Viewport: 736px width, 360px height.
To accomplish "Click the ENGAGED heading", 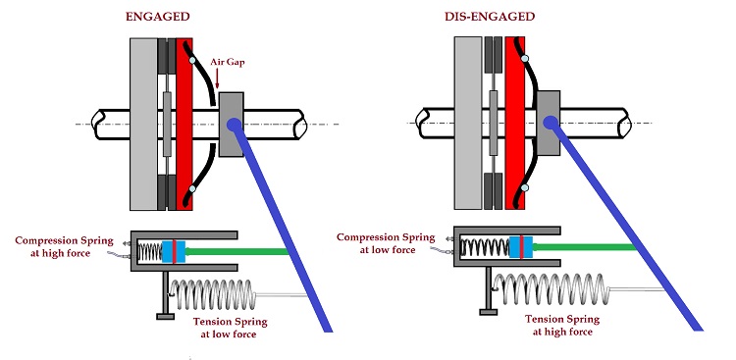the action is [158, 17].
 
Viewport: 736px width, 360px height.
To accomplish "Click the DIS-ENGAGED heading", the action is [490, 17].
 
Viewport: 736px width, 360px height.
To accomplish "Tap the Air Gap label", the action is [228, 63].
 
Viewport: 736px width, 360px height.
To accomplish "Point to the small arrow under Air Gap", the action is [217, 78].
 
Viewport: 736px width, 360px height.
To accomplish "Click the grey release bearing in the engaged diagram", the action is [231, 125].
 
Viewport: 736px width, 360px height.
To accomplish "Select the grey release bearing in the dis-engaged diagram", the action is [549, 123].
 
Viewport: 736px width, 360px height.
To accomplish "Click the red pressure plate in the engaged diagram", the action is [184, 124].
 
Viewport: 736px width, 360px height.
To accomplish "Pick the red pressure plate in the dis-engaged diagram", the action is [514, 123].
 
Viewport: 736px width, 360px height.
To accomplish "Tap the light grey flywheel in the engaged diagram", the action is [143, 124].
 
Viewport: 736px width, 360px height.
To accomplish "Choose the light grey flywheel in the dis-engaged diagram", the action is [468, 123].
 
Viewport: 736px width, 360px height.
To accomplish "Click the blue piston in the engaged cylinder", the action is [173, 251].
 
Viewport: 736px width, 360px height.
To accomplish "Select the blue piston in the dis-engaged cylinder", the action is [520, 247].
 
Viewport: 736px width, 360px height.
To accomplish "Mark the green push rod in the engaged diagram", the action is [237, 251].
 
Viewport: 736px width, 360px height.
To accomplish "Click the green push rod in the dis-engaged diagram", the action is [585, 247].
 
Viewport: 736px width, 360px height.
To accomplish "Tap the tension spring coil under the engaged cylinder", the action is [213, 294].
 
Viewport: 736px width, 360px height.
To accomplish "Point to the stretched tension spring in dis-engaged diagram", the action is [552, 289].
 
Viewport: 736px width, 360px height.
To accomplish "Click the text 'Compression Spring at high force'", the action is [65, 247].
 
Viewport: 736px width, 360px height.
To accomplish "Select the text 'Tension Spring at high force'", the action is [562, 326].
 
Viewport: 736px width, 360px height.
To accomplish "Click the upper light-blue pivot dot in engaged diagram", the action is [191, 60].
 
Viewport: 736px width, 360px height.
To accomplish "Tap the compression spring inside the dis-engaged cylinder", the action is [485, 247].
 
